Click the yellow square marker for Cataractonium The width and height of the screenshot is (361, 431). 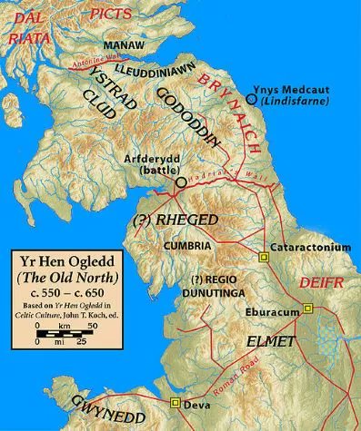264,257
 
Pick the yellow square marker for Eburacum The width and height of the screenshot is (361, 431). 307,309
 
